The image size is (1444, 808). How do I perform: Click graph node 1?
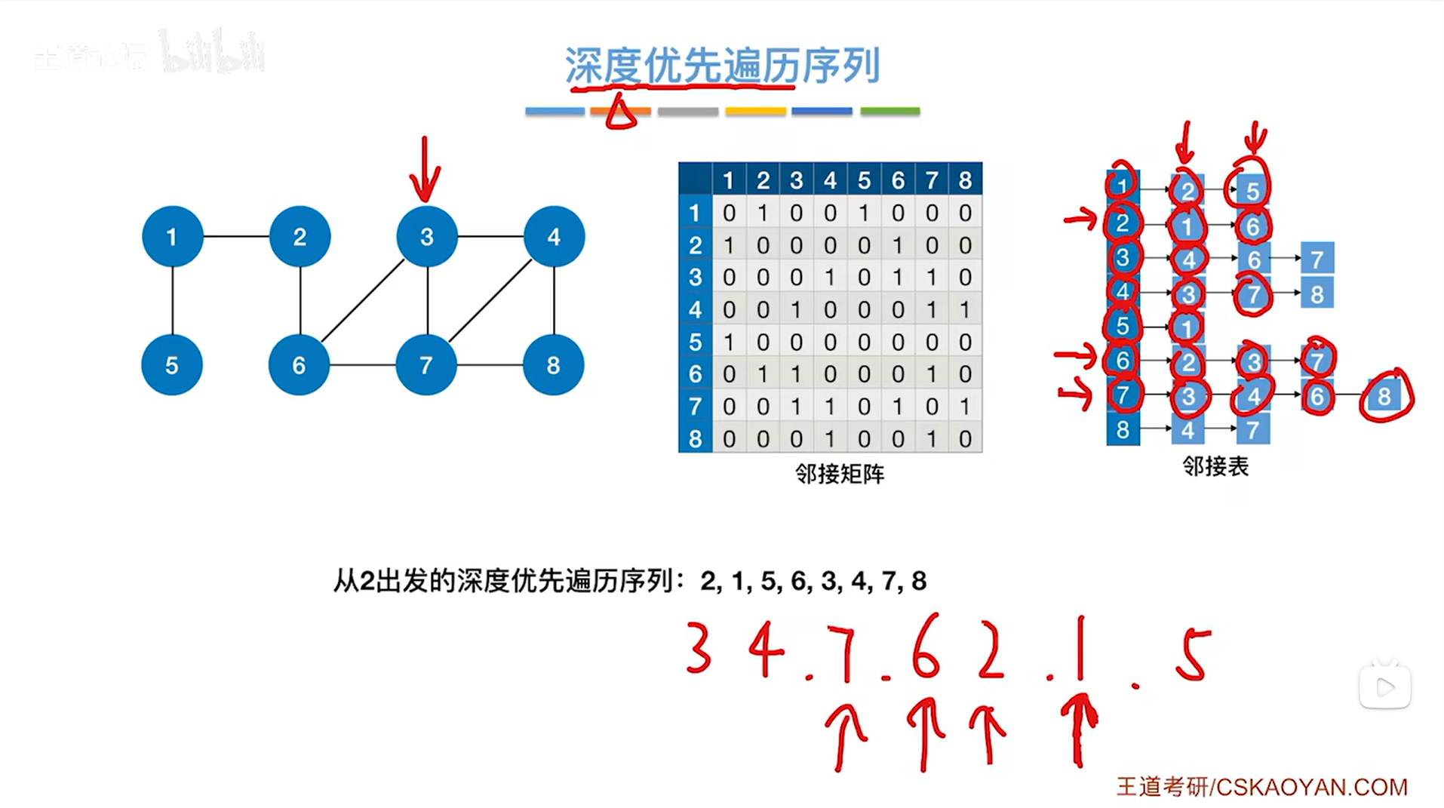[x=172, y=237]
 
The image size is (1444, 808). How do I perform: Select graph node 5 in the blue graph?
[x=172, y=366]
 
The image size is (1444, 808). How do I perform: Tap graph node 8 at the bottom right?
[x=553, y=366]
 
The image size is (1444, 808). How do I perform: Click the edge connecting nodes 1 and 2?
[x=236, y=237]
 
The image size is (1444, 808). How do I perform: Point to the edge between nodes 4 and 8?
[x=554, y=300]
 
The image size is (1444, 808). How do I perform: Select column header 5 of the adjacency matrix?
[x=864, y=180]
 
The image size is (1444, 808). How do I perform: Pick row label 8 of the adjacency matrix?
[x=695, y=439]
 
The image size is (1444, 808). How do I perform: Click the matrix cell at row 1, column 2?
[x=763, y=214]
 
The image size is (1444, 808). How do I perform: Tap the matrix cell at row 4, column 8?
[x=965, y=310]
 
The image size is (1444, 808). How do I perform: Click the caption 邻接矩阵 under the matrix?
[x=839, y=475]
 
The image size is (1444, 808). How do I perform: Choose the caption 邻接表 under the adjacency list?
[x=1215, y=467]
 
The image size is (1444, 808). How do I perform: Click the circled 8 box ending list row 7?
[x=1384, y=396]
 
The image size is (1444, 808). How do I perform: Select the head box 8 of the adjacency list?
[x=1123, y=430]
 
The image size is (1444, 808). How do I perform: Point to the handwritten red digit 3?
[x=699, y=648]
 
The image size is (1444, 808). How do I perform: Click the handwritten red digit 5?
[x=1193, y=655]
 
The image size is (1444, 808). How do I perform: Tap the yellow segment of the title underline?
[x=755, y=112]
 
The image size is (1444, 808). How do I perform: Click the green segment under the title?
[x=890, y=112]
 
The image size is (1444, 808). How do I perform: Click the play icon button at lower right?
[x=1385, y=687]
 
